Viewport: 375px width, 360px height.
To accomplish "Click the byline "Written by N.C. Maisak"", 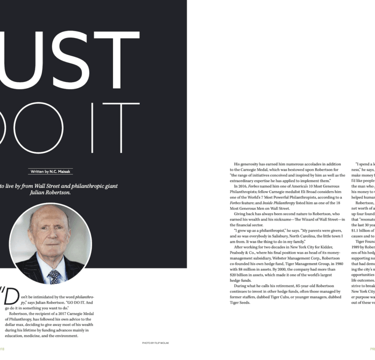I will coord(50,172).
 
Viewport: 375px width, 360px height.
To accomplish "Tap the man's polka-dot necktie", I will coord(54,276).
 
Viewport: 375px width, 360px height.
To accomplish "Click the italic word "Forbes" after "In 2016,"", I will coord(257,186).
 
